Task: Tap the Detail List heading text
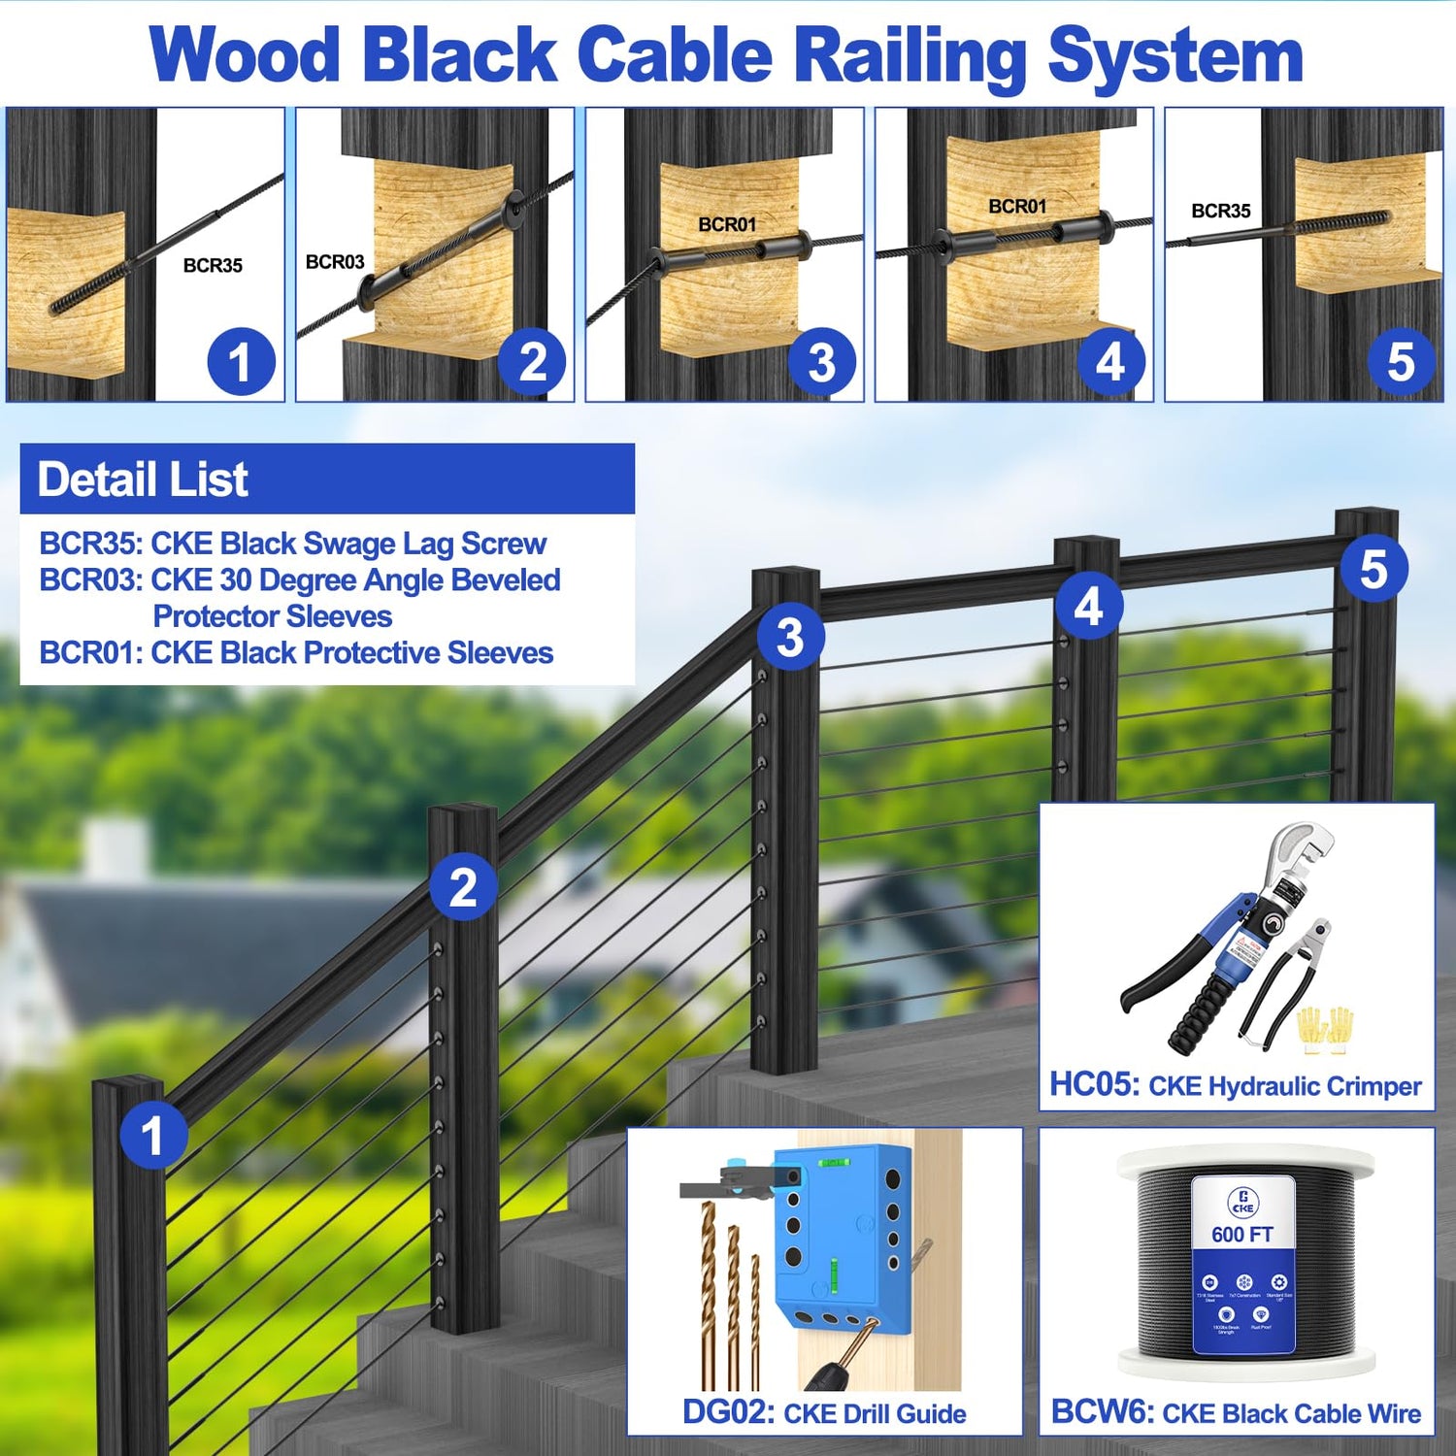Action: point(143,480)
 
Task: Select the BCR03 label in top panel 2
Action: point(335,262)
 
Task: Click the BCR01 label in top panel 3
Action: point(727,225)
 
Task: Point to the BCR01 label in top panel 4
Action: point(1017,207)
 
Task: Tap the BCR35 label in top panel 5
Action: point(1220,212)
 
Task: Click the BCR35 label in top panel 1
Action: point(213,266)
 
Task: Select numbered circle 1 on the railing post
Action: point(152,1136)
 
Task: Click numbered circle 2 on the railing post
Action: point(463,888)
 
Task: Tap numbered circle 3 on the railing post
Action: point(790,638)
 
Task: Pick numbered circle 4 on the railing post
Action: point(1088,607)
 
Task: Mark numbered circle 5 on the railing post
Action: point(1373,570)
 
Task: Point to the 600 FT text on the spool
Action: point(1242,1235)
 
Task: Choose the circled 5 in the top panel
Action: point(1400,362)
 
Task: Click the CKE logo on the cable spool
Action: point(1243,1202)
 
